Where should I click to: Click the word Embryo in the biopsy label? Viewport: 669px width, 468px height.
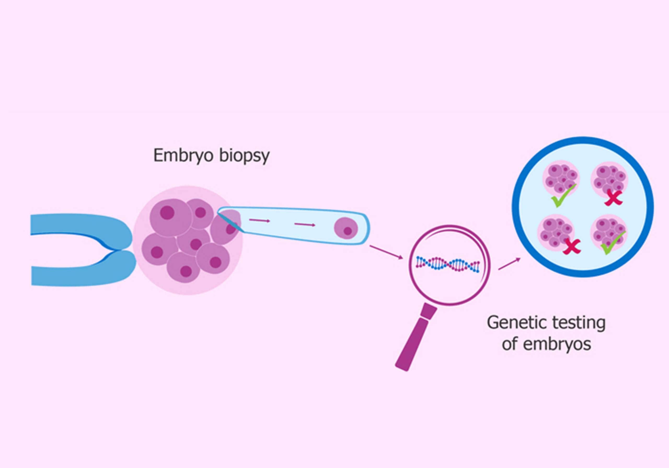(x=183, y=156)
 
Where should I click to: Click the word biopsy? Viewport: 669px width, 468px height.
(x=244, y=156)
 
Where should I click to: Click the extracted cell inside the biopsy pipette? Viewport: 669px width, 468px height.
(x=346, y=228)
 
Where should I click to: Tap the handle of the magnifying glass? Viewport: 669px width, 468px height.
(x=416, y=338)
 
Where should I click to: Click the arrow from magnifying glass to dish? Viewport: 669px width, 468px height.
(x=509, y=264)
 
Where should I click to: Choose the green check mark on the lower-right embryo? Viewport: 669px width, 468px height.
(x=613, y=243)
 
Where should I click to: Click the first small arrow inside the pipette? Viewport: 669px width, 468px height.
(x=259, y=220)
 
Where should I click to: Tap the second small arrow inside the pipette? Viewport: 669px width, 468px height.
(x=305, y=225)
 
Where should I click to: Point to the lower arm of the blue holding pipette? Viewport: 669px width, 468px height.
(x=82, y=269)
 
